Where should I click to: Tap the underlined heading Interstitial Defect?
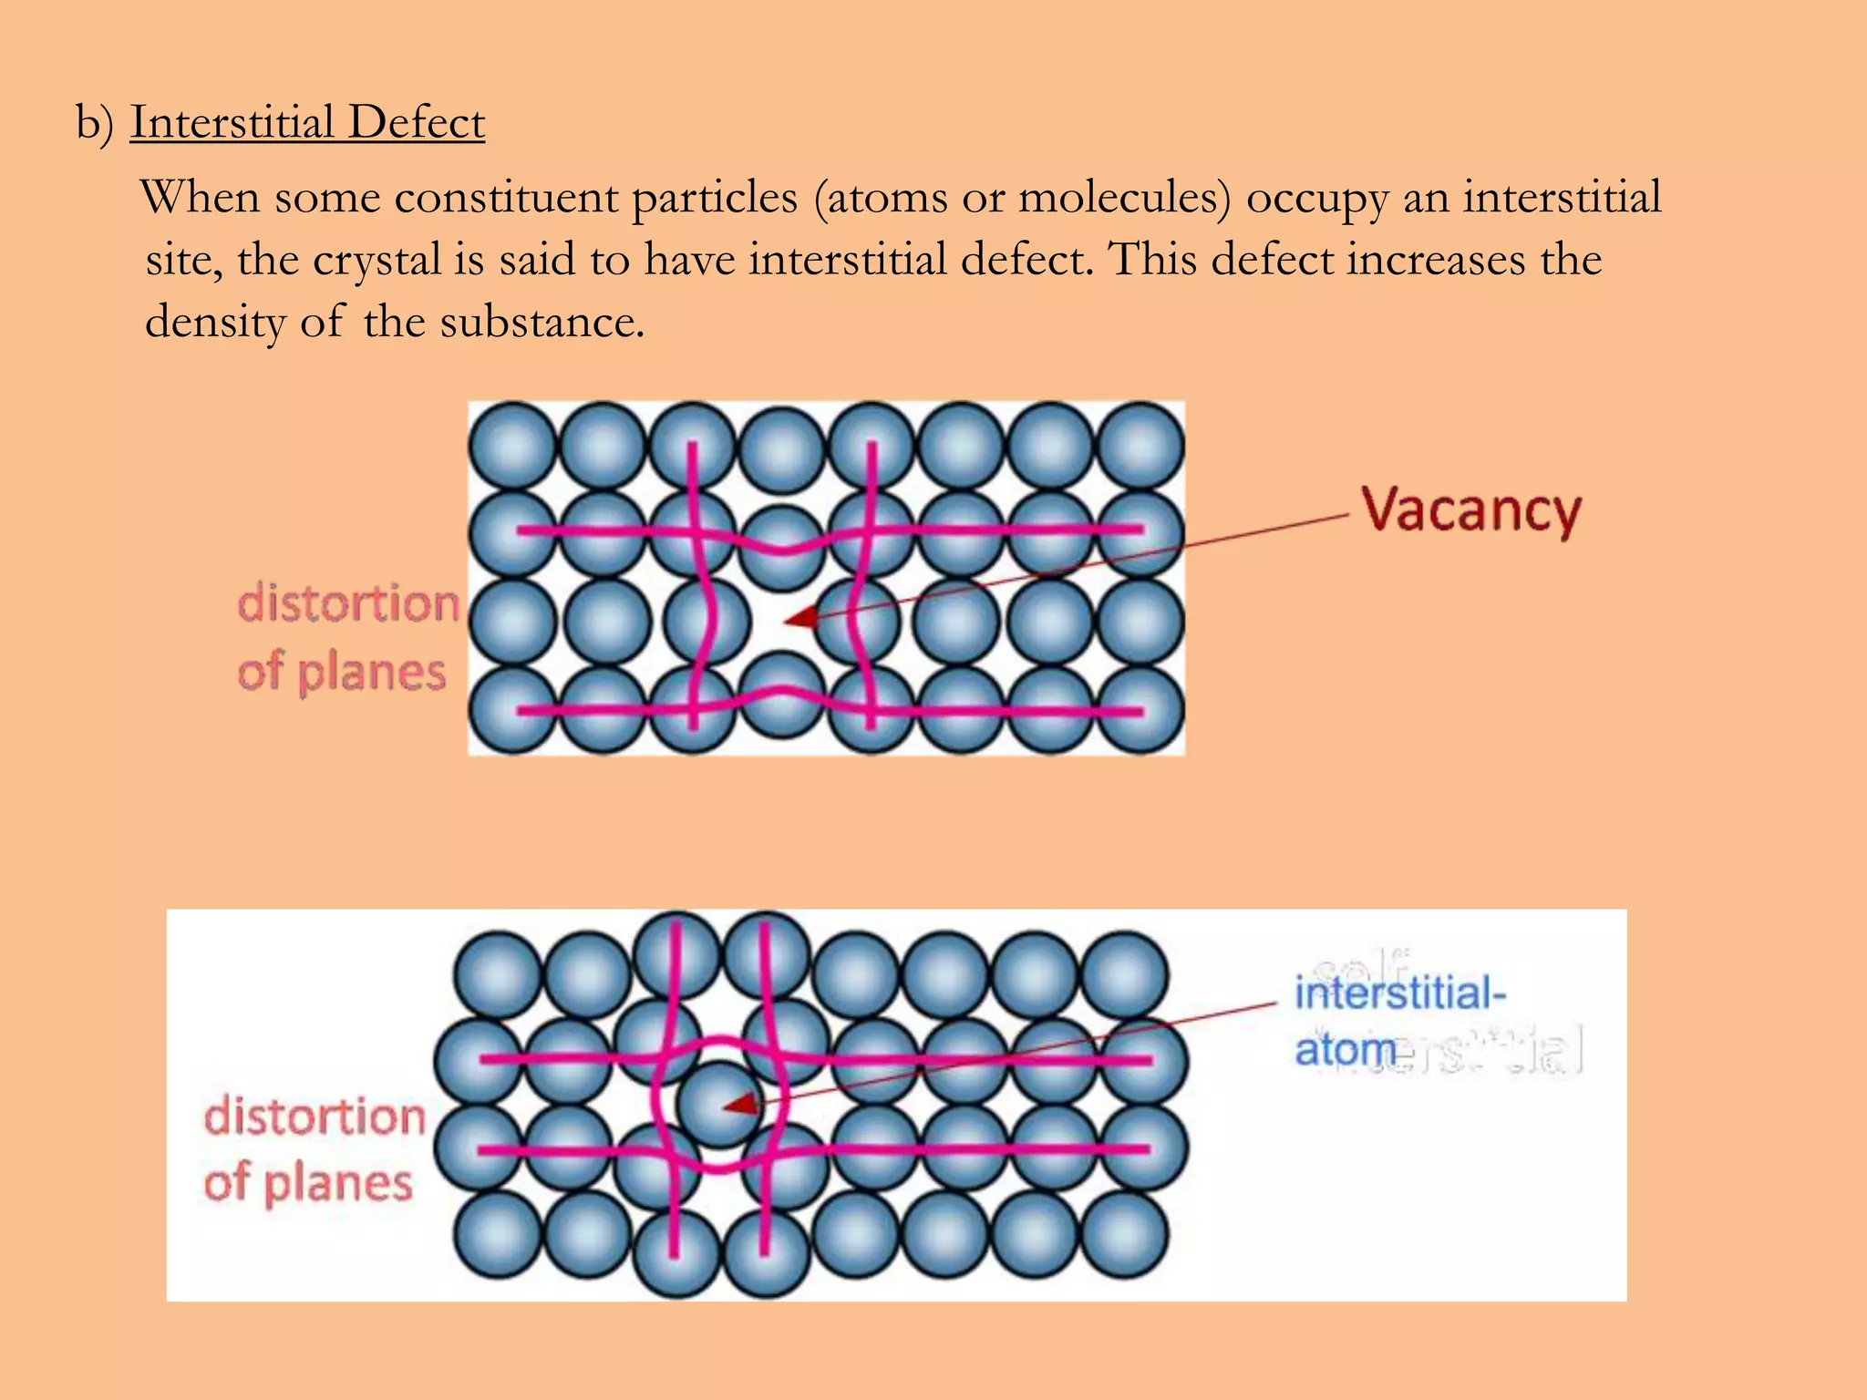coord(307,122)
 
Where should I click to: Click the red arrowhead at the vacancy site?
coord(801,619)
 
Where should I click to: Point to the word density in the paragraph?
coord(215,323)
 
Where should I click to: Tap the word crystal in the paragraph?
coord(377,261)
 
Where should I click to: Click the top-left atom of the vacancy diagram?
coord(512,446)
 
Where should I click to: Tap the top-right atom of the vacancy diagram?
coord(1140,446)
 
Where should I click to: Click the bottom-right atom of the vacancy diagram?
coord(1140,710)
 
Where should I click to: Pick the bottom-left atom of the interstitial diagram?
coord(497,1234)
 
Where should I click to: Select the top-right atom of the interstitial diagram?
coord(1123,973)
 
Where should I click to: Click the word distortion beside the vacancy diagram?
coord(348,604)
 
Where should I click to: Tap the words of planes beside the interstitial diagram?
coord(308,1184)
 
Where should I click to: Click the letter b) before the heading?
coord(95,122)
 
